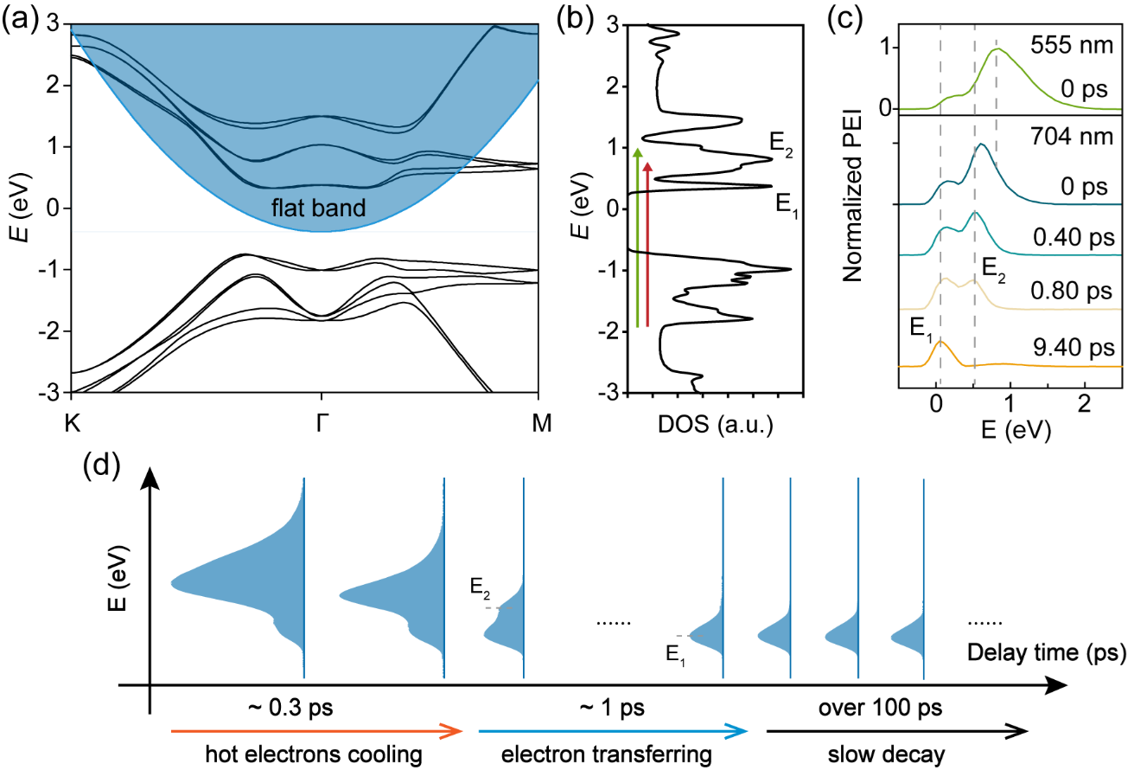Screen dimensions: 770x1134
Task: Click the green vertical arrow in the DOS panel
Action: point(638,238)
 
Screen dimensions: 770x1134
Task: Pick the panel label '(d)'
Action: point(102,471)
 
